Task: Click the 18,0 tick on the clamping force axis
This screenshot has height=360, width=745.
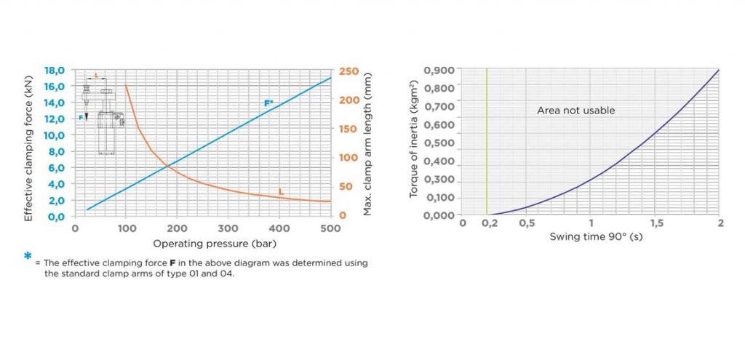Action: [x=55, y=71]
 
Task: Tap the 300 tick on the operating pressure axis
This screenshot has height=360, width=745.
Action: [x=228, y=228]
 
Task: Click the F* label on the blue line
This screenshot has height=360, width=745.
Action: [x=268, y=103]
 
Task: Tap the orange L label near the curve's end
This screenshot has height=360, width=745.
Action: [x=281, y=191]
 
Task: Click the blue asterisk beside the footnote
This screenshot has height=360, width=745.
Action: [x=28, y=257]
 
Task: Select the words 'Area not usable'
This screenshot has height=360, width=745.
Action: [x=575, y=111]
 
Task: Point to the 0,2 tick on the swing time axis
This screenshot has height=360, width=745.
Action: [x=489, y=223]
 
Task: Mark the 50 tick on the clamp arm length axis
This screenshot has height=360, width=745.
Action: [x=346, y=187]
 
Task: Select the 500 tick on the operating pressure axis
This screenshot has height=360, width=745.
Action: [x=330, y=228]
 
